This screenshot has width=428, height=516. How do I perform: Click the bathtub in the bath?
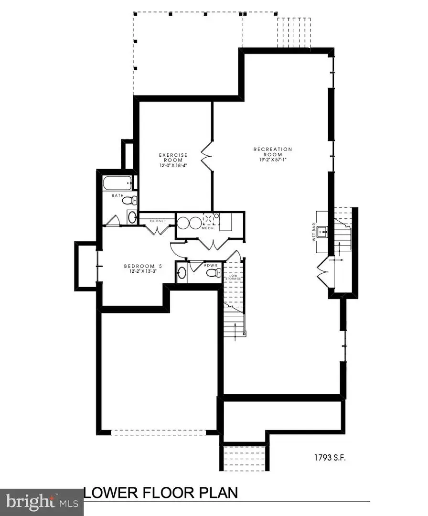117,183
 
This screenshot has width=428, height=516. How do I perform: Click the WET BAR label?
315,232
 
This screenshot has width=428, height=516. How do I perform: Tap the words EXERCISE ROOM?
173,158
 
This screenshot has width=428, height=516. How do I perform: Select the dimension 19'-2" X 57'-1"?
272,160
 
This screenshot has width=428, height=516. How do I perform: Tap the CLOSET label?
158,221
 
